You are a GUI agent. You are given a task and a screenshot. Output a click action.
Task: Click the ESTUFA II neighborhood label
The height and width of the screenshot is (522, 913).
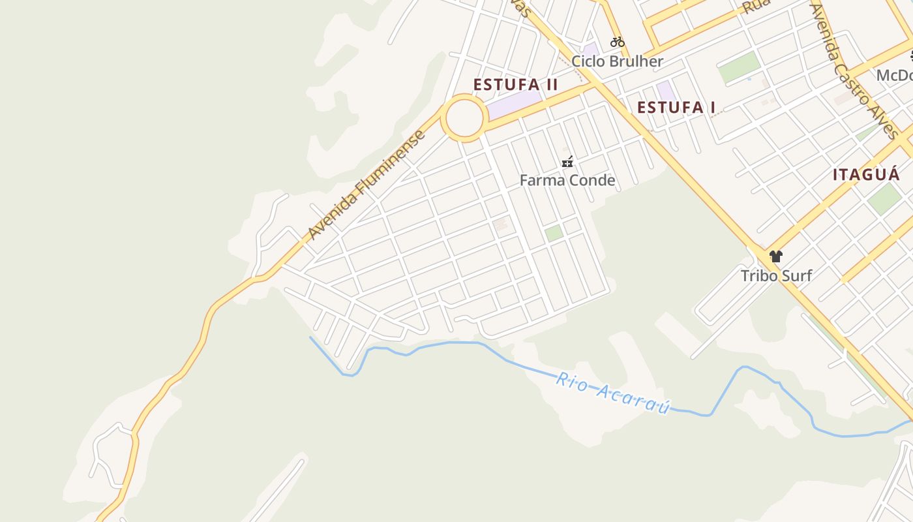[x=515, y=85]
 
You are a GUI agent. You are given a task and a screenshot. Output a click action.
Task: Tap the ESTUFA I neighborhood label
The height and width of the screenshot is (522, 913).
[x=676, y=108]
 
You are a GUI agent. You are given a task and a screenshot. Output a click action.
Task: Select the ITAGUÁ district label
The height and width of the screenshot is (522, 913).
[x=866, y=174]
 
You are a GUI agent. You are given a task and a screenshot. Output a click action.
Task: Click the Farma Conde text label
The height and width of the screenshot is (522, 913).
[x=567, y=180]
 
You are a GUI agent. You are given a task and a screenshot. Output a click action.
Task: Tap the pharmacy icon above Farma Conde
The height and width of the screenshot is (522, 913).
[x=567, y=162]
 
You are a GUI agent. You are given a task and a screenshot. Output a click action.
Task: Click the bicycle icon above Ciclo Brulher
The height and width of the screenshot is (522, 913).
[x=617, y=42]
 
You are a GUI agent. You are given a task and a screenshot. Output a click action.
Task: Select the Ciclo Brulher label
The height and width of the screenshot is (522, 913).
[x=617, y=61]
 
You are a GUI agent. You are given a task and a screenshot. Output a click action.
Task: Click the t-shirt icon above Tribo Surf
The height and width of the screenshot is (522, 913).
[x=775, y=256]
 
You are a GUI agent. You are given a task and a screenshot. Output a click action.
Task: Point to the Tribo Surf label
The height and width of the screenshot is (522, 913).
[x=776, y=275]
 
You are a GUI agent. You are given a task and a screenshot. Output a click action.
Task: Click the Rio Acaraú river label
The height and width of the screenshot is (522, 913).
[x=613, y=393]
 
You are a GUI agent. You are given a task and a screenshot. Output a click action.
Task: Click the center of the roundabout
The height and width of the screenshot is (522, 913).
[x=464, y=118]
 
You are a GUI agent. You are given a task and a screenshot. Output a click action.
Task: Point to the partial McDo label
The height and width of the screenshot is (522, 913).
[x=894, y=75]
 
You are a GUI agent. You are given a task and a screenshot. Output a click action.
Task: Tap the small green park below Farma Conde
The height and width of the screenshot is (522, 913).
[x=554, y=233]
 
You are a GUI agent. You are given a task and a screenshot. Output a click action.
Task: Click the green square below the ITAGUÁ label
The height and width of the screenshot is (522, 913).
[x=884, y=198]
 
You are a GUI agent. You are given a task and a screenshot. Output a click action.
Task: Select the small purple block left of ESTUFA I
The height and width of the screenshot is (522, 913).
[x=666, y=91]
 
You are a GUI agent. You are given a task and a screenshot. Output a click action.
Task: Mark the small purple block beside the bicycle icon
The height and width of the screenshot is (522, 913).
[x=591, y=50]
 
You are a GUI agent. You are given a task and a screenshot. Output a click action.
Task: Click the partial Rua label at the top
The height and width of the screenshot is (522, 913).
[x=756, y=7]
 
